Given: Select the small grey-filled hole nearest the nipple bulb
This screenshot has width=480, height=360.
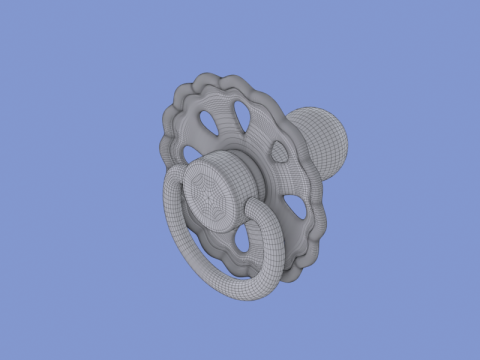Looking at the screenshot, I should tap(278, 152).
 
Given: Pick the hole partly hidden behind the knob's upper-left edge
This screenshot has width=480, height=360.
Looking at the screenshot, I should tap(192, 153).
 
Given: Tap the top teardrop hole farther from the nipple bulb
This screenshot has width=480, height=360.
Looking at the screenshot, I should tap(209, 122).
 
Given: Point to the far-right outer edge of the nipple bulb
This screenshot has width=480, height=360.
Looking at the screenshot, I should tap(350, 146).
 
